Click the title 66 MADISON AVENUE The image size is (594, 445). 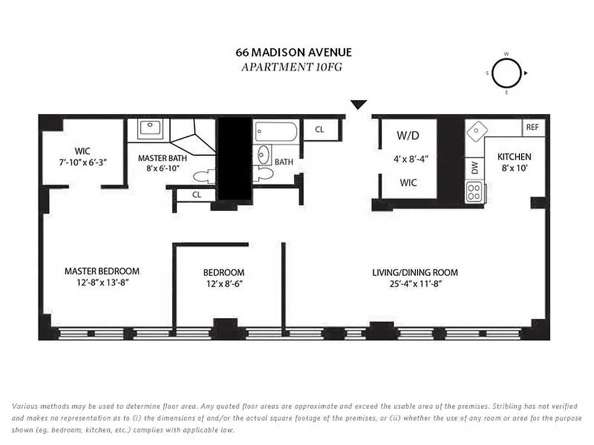click(x=293, y=53)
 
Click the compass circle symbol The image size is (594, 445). click(x=506, y=73)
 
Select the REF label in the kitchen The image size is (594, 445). click(x=533, y=127)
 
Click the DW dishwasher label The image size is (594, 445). click(x=475, y=169)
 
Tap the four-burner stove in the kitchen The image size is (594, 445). click(x=474, y=192)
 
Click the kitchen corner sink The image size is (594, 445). click(x=477, y=132)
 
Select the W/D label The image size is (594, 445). click(x=408, y=135)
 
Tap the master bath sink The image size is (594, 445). click(x=150, y=128)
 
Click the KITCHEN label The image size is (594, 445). click(x=514, y=157)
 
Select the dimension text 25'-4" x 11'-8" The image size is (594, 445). click(x=415, y=284)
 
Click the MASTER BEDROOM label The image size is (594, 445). click(x=102, y=271)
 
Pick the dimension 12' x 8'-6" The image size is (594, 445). click(x=223, y=284)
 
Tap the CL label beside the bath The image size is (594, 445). click(x=320, y=130)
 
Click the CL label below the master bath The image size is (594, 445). click(x=197, y=195)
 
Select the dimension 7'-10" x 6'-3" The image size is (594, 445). click(x=82, y=162)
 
